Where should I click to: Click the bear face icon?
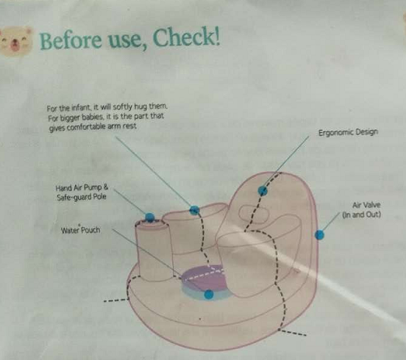pos(16,41)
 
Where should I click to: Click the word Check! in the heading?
pos(186,37)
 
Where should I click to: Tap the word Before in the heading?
pos(71,40)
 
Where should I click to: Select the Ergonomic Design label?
pos(348,132)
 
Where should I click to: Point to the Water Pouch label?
pos(80,230)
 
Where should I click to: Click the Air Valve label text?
pos(366,205)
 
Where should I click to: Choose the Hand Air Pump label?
pos(82,187)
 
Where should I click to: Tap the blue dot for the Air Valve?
pos(319,235)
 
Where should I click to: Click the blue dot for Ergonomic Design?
pos(263,190)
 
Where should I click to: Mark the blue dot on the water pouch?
pos(209,294)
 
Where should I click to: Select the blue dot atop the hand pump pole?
pos(149,217)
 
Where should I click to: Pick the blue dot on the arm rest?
pos(194,210)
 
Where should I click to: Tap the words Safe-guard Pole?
pos(82,197)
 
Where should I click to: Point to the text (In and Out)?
pos(361,215)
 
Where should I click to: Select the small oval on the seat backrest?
pos(254,214)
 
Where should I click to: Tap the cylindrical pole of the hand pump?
pos(154,251)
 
